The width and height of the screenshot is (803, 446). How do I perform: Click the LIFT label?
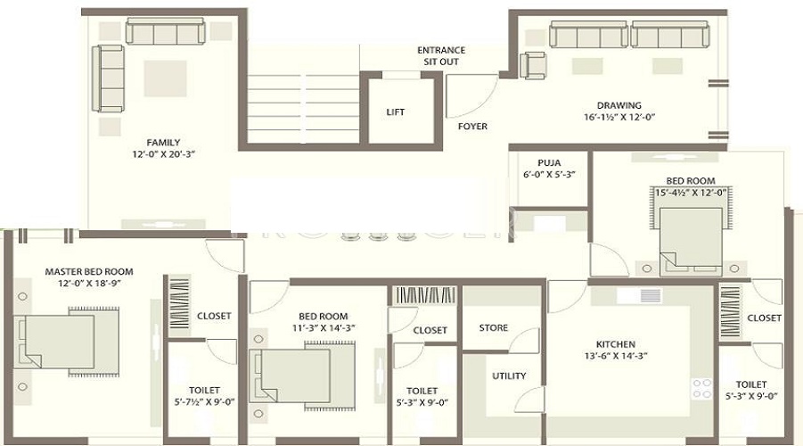(395, 112)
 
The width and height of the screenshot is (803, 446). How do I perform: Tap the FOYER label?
(472, 127)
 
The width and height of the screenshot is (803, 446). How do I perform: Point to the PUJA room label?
(548, 162)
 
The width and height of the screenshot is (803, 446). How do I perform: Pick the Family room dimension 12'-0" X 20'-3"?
(163, 154)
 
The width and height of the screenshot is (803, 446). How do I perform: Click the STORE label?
(493, 328)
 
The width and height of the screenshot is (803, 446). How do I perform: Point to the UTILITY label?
(509, 376)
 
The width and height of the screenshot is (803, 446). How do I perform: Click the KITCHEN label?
(615, 344)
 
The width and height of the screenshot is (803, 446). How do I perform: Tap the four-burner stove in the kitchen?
(702, 388)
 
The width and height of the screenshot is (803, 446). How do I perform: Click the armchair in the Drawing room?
(533, 65)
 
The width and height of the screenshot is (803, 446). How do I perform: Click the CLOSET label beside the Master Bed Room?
(213, 316)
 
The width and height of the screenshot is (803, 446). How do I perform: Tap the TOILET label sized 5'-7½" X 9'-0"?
(204, 391)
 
